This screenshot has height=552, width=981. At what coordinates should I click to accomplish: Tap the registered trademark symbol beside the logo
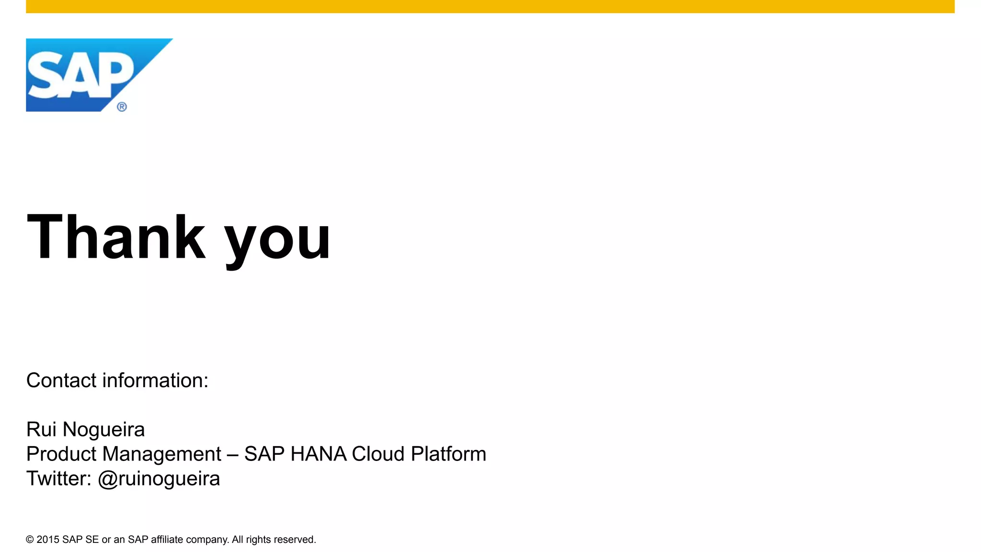click(x=122, y=107)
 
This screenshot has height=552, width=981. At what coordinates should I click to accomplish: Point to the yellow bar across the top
click(x=490, y=6)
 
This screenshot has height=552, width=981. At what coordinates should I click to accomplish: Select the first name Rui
click(x=41, y=429)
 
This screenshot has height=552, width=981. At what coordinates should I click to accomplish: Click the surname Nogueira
click(x=103, y=429)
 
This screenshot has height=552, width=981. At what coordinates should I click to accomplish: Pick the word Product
click(x=61, y=454)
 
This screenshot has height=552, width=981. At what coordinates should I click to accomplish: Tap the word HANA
click(x=318, y=454)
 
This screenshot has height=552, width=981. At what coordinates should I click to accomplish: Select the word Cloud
click(x=378, y=454)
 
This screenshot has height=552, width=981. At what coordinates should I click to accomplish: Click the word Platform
click(x=448, y=454)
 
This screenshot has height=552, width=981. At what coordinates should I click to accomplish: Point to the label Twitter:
click(x=58, y=478)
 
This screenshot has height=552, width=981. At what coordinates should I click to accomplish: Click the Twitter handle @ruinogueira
click(x=159, y=479)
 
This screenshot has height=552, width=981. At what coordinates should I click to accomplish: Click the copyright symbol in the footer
click(x=30, y=540)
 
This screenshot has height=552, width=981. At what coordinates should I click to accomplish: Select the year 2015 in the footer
click(x=48, y=540)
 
